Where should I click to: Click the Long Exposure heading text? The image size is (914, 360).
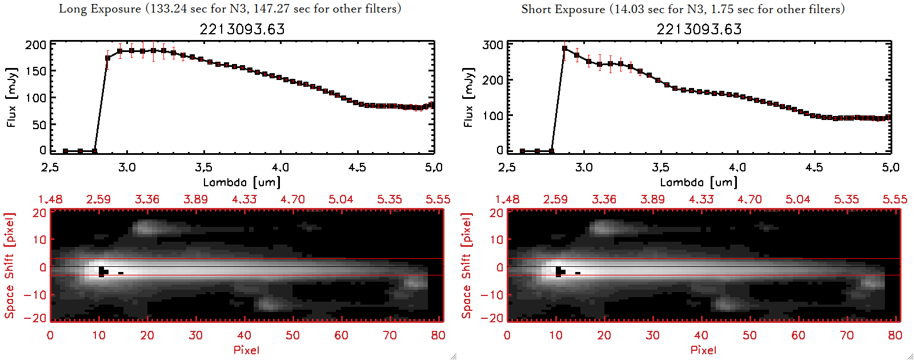[x=230, y=9]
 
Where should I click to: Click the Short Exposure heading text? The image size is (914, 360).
[x=683, y=9]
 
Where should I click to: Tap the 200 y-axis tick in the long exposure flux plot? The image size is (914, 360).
[x=35, y=45]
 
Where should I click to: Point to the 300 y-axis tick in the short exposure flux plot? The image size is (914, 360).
[x=492, y=45]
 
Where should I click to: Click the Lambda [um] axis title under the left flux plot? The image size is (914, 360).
[x=242, y=182]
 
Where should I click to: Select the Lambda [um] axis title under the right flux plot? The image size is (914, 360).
[x=699, y=182]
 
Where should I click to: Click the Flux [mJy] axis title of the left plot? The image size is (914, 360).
[x=11, y=97]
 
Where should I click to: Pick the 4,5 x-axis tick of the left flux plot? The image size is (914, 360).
[x=357, y=167]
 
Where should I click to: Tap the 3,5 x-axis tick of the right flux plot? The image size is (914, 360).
[x=660, y=167]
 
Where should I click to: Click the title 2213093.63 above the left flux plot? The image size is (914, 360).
[x=242, y=29]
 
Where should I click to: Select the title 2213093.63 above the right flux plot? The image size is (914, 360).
[x=699, y=29]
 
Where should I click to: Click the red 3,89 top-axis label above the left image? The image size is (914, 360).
[x=195, y=199]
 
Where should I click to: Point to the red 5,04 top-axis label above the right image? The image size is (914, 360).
[x=797, y=199]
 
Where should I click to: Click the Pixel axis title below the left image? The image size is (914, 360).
[x=246, y=350]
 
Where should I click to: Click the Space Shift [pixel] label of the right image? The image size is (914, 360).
[x=467, y=266]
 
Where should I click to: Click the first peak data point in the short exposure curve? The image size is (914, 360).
[x=565, y=49]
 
